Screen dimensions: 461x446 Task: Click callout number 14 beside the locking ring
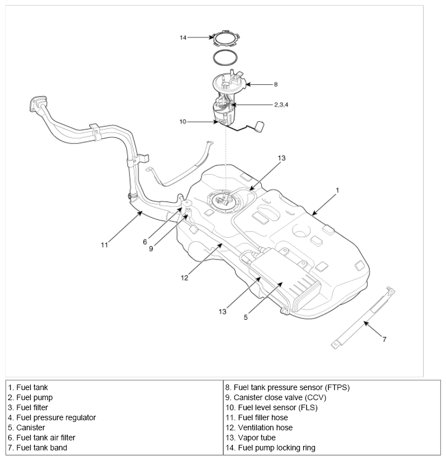point(183,37)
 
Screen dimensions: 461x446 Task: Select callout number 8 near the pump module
point(275,85)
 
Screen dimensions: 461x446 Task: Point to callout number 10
point(182,121)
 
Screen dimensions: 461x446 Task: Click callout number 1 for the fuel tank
point(337,190)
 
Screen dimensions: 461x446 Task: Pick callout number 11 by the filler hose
point(104,243)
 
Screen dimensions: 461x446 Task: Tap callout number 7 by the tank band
point(383,338)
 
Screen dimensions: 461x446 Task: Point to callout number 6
point(145,242)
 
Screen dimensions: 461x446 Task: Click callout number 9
point(151,249)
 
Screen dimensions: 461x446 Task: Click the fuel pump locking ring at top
point(226,38)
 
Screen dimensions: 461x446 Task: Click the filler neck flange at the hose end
point(37,104)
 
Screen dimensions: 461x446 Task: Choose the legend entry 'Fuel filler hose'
point(262,417)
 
